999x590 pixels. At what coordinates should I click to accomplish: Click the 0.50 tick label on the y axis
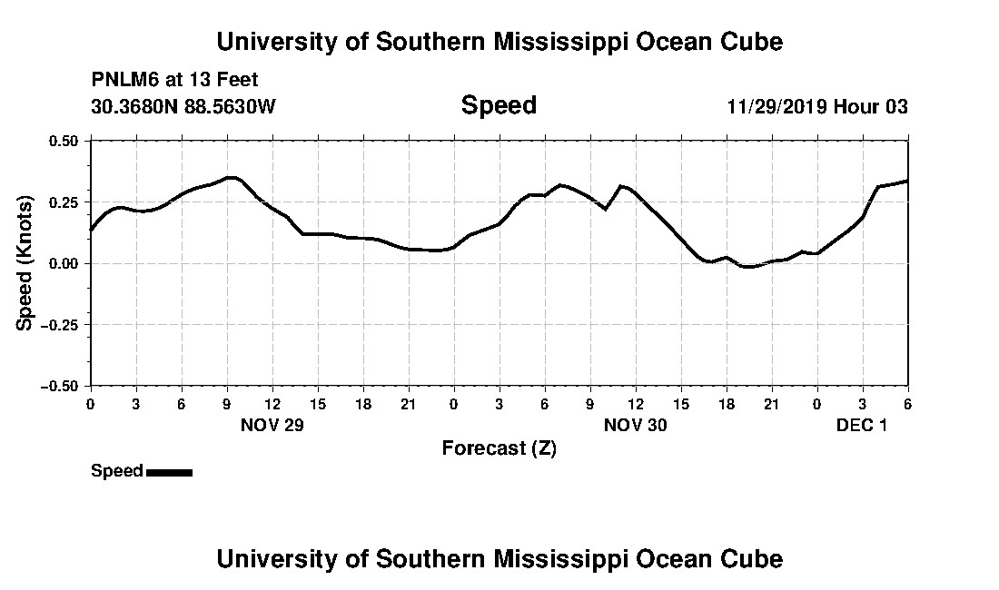point(64,141)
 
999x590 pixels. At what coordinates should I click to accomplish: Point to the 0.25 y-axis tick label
point(64,202)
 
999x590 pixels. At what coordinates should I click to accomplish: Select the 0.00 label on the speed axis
point(64,263)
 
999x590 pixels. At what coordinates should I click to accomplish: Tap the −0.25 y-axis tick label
point(60,324)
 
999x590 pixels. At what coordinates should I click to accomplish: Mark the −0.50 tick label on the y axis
point(60,386)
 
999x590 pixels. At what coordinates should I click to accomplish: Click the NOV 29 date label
point(272,426)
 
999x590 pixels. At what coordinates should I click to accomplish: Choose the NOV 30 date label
point(635,426)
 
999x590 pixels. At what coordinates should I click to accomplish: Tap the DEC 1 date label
point(861,426)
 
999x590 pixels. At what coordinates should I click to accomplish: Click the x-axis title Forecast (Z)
point(499,448)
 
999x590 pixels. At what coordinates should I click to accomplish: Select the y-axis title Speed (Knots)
point(25,262)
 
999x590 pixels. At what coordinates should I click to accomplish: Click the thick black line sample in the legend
point(169,472)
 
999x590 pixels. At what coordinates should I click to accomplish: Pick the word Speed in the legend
point(116,471)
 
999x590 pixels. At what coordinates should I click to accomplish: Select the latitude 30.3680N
point(129,106)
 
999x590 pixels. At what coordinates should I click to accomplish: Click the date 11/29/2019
point(776,106)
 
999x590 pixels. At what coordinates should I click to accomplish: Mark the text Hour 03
point(871,106)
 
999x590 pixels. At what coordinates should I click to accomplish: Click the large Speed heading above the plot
point(499,105)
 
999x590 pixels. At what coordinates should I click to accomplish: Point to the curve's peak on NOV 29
point(231,177)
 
